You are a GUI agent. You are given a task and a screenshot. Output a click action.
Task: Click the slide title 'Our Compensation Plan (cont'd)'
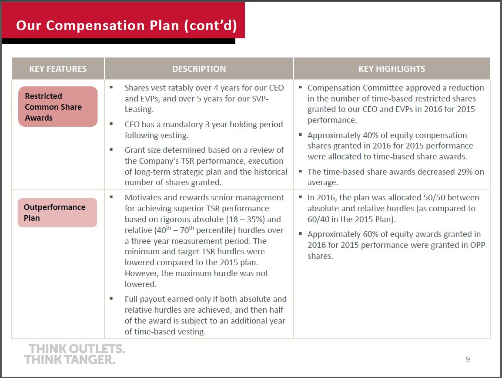(x=127, y=25)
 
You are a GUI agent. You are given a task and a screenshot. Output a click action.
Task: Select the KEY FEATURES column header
(x=58, y=69)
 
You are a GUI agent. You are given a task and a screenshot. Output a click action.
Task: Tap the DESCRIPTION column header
(x=199, y=69)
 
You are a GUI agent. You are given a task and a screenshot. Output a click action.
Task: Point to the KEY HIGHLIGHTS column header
(x=392, y=69)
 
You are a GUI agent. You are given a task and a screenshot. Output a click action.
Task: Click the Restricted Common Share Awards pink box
(x=58, y=106)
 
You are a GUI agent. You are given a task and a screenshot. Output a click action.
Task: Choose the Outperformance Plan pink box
(x=57, y=213)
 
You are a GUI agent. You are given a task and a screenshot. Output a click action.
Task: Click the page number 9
(x=468, y=359)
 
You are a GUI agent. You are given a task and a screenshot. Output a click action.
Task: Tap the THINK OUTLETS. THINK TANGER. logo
(x=74, y=354)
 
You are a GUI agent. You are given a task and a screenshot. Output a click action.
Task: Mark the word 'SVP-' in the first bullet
(x=260, y=99)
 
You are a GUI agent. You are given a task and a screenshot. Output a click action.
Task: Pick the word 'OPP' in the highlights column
(x=478, y=245)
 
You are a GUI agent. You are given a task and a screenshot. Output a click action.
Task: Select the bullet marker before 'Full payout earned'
(x=111, y=298)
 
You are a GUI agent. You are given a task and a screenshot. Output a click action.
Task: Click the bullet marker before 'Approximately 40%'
(x=300, y=135)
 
